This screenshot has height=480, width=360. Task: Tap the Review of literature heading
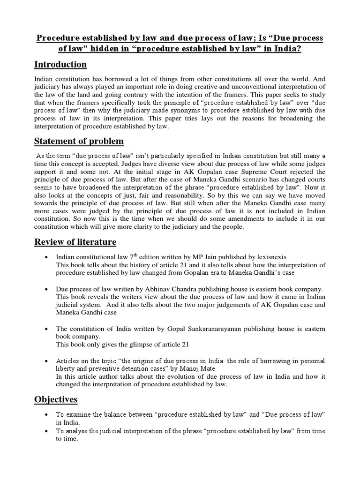coord(75,242)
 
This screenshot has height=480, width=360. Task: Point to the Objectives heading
coord(56,399)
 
